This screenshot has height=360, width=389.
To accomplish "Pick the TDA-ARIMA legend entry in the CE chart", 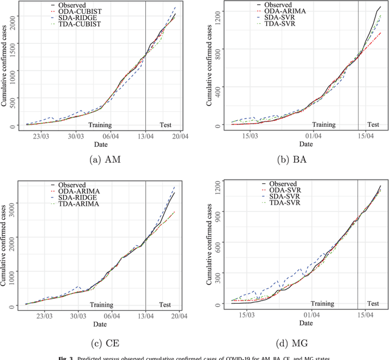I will [x=75, y=205].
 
